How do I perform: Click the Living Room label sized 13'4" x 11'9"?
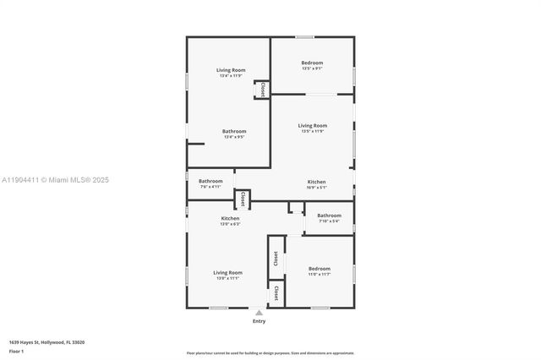coord(231,73)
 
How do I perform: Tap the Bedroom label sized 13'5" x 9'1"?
coord(312,66)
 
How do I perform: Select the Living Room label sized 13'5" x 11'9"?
coord(312,128)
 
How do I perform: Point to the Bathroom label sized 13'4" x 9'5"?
coord(234,134)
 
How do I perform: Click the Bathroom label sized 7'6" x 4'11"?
coord(210,183)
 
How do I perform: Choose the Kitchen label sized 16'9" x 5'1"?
coord(316,184)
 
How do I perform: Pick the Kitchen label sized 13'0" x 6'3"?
coord(230,221)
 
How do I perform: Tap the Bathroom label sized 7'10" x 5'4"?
coord(329,218)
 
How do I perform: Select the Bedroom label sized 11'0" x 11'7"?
coord(319,270)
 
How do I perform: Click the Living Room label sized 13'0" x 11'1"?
coord(227,275)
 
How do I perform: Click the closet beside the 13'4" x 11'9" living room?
coord(262,88)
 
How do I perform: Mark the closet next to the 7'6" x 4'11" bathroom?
coord(242,199)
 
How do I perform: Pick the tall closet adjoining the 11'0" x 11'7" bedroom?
coord(276,258)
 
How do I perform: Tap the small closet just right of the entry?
coord(276,294)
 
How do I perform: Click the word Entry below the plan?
coord(259,321)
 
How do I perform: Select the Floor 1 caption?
coord(16,350)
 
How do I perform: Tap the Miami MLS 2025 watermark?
coord(56,180)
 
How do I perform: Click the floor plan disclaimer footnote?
coord(270,353)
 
